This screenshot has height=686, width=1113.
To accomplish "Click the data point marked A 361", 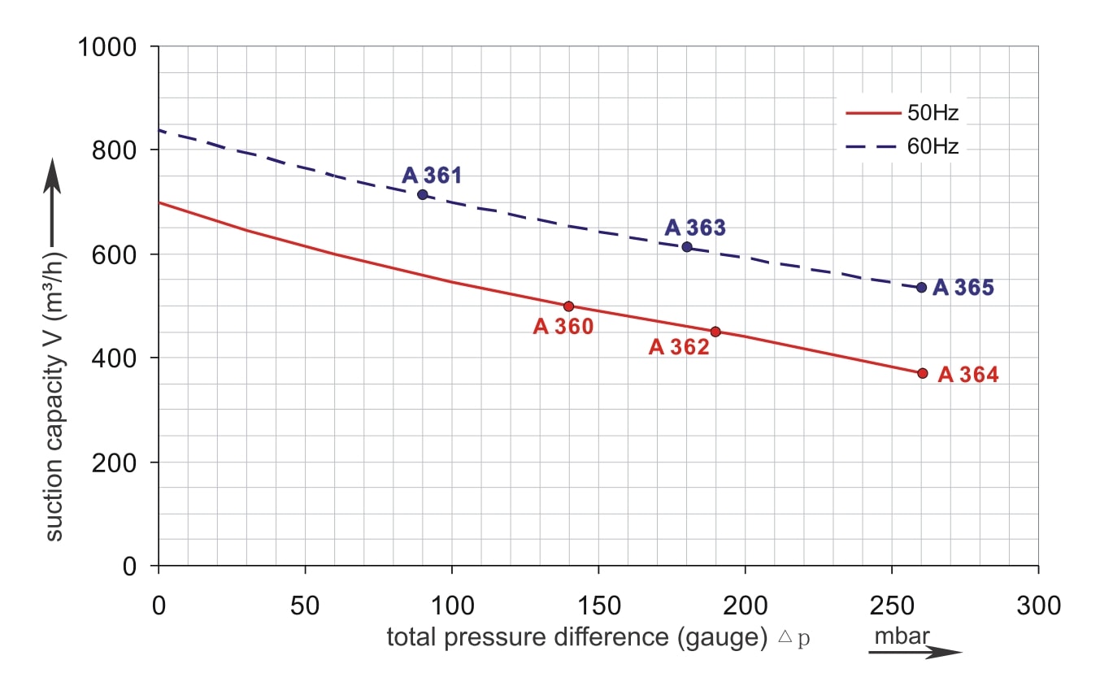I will (423, 194).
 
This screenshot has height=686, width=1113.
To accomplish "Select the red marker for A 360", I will (569, 306).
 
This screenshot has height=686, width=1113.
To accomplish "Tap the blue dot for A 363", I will (687, 246).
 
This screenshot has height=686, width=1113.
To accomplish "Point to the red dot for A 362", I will (715, 332).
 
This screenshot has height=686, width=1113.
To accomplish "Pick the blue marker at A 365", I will (921, 287).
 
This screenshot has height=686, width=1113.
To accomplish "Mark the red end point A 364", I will (922, 373).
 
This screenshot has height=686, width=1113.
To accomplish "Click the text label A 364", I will (968, 375).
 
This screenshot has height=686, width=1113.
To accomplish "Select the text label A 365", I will (963, 288).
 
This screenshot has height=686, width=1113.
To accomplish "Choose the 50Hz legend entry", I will (902, 113).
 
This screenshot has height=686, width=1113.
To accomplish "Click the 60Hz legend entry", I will (902, 146).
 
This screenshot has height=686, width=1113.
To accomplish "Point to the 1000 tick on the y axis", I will (112, 47).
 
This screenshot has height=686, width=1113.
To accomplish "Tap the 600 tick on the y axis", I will (122, 254).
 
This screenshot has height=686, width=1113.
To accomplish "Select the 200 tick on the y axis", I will (122, 462).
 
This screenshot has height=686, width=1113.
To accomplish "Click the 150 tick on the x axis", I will (598, 606).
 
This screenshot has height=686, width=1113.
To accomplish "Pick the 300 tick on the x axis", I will (1038, 606).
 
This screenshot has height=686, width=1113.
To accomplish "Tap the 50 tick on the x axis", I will (305, 606).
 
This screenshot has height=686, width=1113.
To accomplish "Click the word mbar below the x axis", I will (902, 636).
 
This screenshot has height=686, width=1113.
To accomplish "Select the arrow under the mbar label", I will (915, 651).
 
